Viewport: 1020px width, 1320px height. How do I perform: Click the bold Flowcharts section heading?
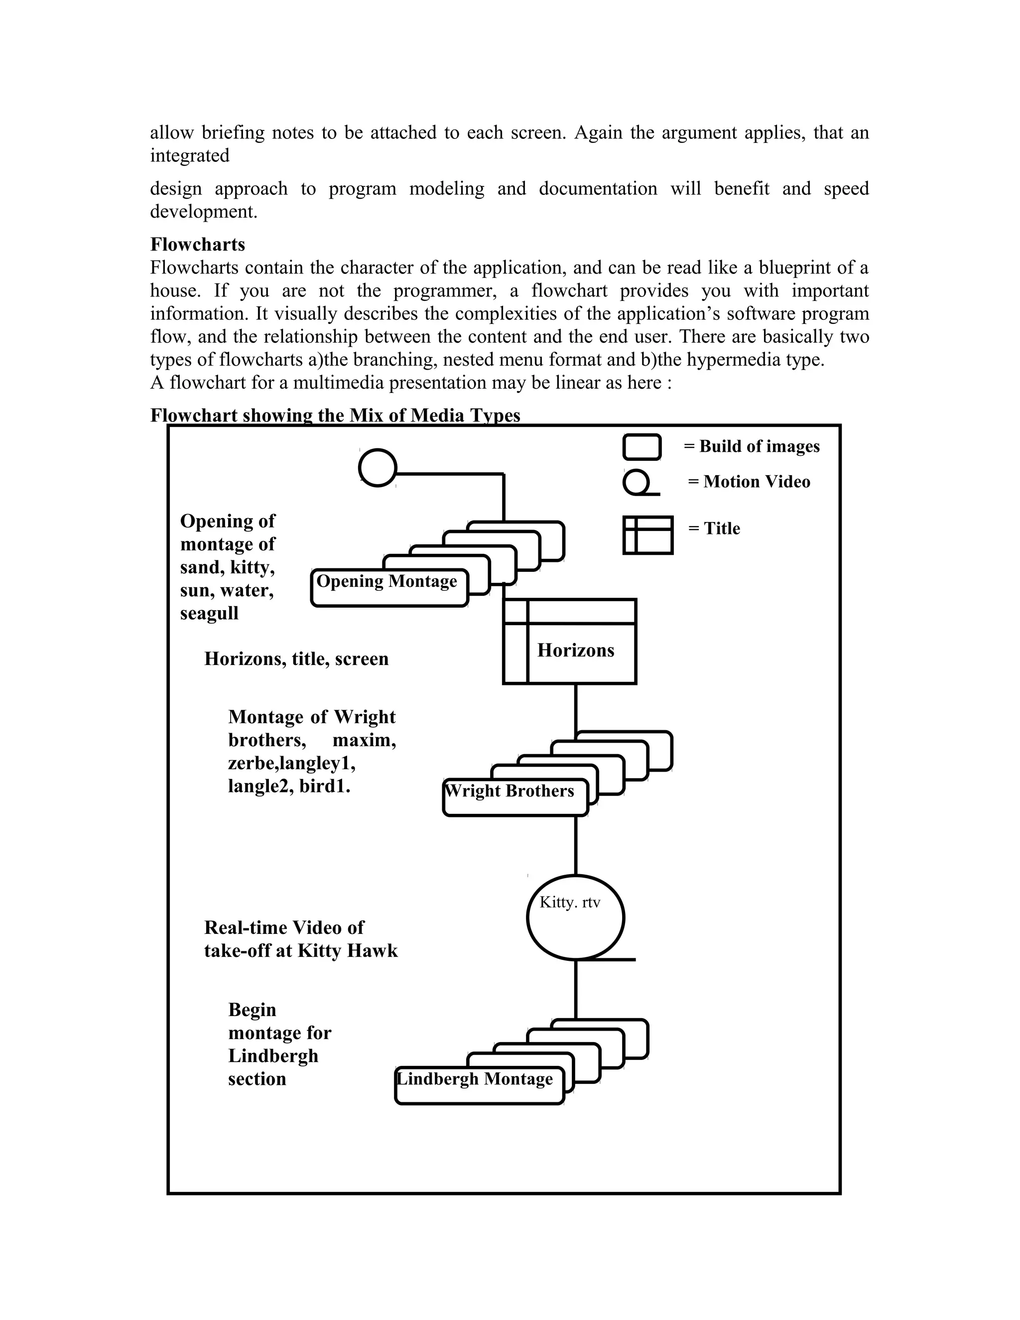198,244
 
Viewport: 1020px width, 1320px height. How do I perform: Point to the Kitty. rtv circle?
575,917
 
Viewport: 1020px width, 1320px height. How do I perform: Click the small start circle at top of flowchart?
378,468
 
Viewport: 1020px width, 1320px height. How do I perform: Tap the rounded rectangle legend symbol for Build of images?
641,447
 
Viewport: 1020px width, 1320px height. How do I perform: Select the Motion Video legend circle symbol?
637,482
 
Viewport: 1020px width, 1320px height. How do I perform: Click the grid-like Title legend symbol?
648,535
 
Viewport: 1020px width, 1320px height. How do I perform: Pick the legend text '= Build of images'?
752,447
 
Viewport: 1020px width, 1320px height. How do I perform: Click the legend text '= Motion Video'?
749,482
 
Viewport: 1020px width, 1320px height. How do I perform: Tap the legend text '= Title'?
714,528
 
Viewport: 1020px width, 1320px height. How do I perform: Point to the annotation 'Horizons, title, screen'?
296,659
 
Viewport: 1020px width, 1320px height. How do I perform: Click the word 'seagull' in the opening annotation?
209,614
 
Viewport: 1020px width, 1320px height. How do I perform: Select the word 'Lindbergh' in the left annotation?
273,1056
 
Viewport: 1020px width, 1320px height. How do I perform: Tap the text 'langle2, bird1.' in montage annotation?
289,787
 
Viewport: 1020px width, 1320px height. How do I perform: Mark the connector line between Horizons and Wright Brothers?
575,707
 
